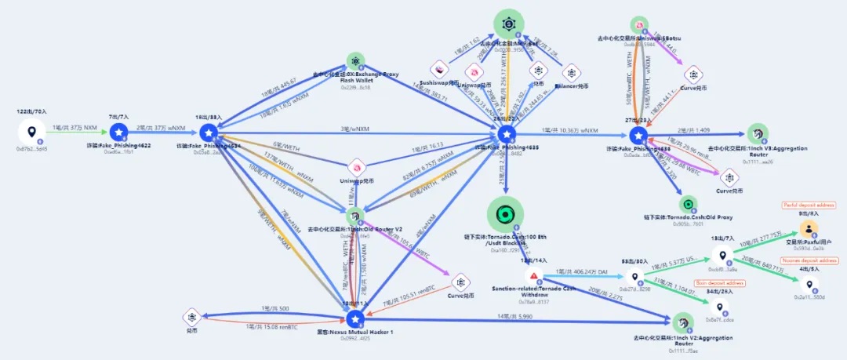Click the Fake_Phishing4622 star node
point(118,133)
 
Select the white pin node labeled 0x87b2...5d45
point(31,133)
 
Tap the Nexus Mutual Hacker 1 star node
point(355,318)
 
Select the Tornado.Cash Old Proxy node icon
point(686,205)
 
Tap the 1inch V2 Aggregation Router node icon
point(682,322)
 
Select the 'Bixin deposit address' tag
point(720,283)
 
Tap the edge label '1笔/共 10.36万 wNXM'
point(569,130)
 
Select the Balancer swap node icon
point(573,73)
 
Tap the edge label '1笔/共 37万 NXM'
point(75,127)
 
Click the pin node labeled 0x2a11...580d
point(809,284)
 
